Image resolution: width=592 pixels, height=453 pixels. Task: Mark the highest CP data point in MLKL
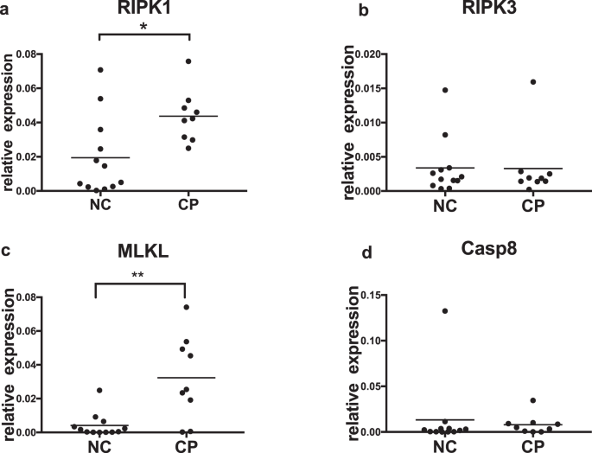188,307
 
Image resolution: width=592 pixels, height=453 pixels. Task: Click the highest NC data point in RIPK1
100,69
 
